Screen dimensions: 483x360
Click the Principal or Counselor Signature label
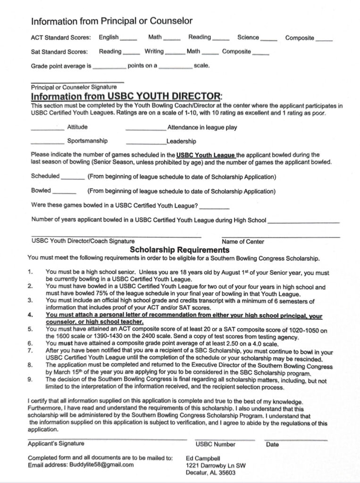click(x=74, y=87)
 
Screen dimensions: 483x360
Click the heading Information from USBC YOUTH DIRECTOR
click(x=126, y=96)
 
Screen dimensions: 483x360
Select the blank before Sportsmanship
click(x=47, y=143)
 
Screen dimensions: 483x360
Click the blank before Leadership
click(x=146, y=143)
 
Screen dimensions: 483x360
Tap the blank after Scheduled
click(x=73, y=179)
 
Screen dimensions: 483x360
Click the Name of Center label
click(x=243, y=241)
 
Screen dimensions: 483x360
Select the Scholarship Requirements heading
click(x=179, y=250)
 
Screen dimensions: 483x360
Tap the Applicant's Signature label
click(x=56, y=443)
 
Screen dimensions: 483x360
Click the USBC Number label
click(x=215, y=444)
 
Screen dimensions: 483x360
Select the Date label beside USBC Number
click(x=272, y=444)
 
